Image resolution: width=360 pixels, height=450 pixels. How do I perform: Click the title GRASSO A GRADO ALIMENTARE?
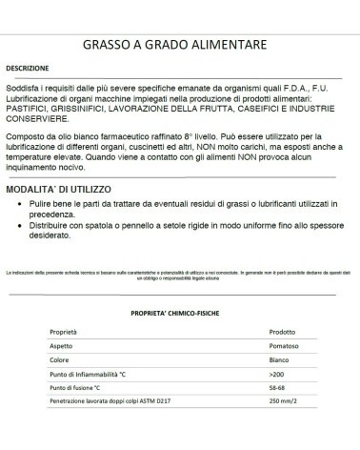pyautogui.click(x=181, y=44)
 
